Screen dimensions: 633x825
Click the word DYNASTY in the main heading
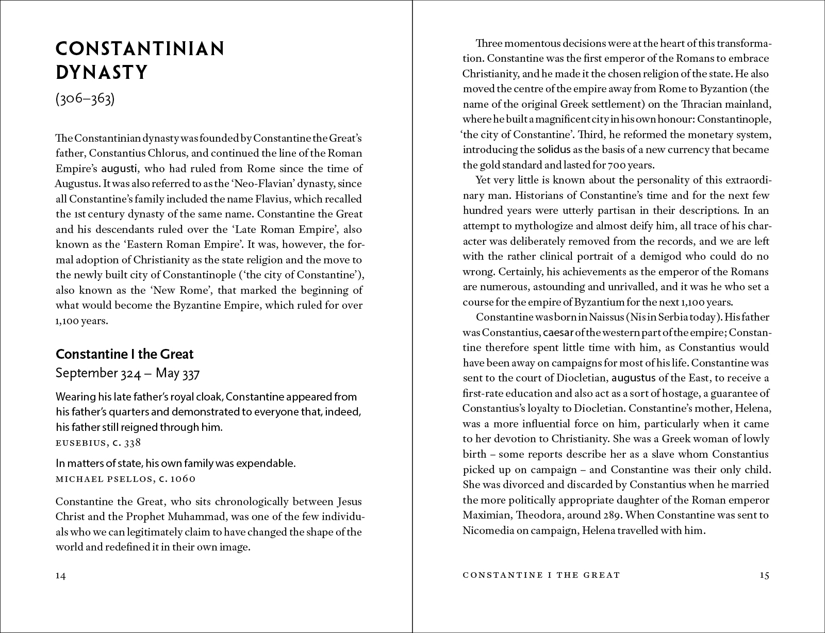click(102, 73)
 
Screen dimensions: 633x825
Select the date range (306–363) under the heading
click(85, 99)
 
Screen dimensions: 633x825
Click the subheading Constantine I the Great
click(124, 354)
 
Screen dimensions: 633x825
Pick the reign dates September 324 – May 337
click(127, 373)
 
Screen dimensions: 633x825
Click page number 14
click(61, 576)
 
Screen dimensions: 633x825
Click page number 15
click(764, 575)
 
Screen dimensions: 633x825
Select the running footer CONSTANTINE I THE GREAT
click(541, 575)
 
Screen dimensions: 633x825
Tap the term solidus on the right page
click(554, 150)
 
